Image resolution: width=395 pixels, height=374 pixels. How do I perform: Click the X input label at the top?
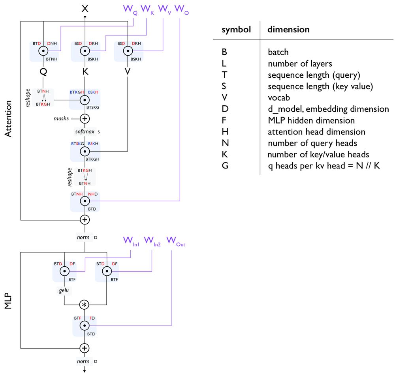[x=85, y=8]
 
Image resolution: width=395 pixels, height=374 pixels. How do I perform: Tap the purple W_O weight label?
[x=181, y=9]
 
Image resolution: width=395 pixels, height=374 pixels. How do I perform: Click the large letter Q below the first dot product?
[x=43, y=72]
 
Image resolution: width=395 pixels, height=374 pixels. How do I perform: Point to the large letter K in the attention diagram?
[x=85, y=72]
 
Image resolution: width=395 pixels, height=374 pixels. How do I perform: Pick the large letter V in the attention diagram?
[x=127, y=72]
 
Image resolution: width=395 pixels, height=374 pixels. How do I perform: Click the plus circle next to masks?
[x=85, y=118]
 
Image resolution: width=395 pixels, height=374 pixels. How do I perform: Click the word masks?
[x=62, y=118]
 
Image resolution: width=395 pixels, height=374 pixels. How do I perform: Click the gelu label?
[x=64, y=290]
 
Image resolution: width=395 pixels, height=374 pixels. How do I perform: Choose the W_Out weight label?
[x=176, y=241]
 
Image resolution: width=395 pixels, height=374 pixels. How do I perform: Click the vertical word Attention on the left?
[x=9, y=118]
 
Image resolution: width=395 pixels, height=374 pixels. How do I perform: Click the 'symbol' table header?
[x=236, y=30]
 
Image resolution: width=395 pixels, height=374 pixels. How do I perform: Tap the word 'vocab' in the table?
[x=278, y=98]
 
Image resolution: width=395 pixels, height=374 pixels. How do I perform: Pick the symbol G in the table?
[x=225, y=166]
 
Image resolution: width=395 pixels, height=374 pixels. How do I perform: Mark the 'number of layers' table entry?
[x=299, y=64]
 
